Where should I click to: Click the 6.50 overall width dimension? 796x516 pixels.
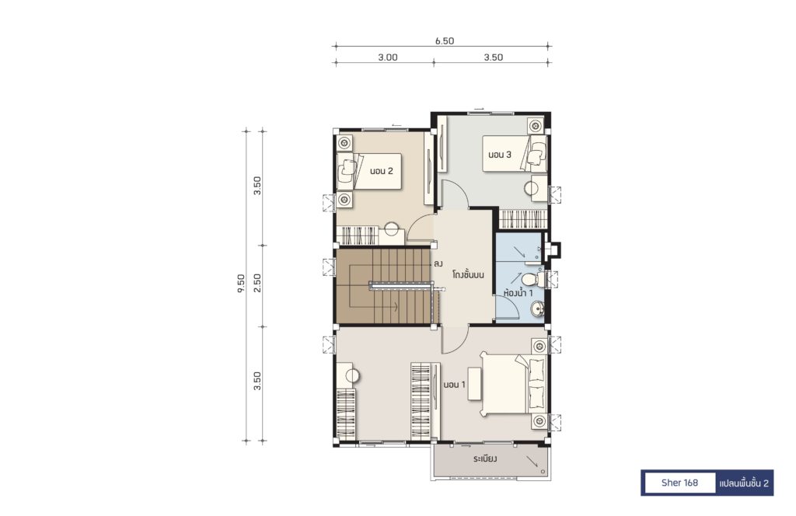point(444,41)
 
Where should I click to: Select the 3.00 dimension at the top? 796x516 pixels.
point(388,58)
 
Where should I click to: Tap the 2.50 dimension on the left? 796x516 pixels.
point(257,283)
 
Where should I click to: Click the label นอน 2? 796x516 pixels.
point(381,171)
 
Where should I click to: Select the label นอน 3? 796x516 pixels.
point(500,154)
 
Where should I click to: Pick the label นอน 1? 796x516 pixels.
point(454,385)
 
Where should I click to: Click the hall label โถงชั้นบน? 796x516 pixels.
point(468,274)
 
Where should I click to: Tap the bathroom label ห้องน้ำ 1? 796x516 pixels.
point(518,293)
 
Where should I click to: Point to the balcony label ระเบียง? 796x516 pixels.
point(485,458)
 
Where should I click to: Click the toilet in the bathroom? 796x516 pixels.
point(533,280)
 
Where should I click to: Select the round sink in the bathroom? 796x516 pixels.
point(538,308)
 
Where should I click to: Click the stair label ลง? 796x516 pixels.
point(438,264)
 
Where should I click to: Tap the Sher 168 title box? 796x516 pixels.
point(679,483)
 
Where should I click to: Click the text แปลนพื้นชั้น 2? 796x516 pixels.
point(744,483)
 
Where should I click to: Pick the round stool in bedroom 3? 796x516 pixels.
point(531,189)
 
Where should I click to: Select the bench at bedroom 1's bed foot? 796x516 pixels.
point(475,384)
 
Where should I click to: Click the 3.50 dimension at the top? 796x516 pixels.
point(493,58)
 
